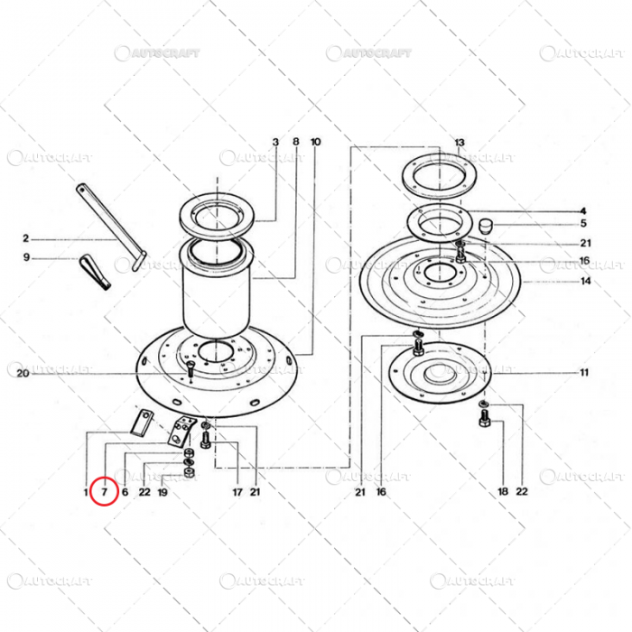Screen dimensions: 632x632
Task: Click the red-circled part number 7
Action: tap(104, 492)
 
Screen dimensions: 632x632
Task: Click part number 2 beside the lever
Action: tap(26, 239)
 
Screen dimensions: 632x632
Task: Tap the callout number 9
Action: tap(26, 257)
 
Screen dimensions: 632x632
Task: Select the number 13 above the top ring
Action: tap(459, 143)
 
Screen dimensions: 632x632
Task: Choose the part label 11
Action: tap(584, 372)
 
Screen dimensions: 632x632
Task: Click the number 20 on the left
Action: tap(23, 374)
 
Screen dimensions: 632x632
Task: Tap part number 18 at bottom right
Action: tap(503, 492)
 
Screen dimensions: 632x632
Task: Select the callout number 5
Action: tap(583, 223)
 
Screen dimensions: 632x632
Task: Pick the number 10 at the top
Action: tap(315, 143)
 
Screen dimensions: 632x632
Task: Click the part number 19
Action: tap(163, 492)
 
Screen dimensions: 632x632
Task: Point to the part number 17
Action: tap(237, 492)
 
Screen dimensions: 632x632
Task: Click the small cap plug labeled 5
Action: tap(484, 224)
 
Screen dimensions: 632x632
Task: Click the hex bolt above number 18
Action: tap(483, 422)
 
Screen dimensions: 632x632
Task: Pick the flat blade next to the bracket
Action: tap(142, 422)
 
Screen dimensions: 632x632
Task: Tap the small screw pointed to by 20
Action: tap(191, 367)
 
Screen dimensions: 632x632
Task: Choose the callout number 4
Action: tap(583, 210)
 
